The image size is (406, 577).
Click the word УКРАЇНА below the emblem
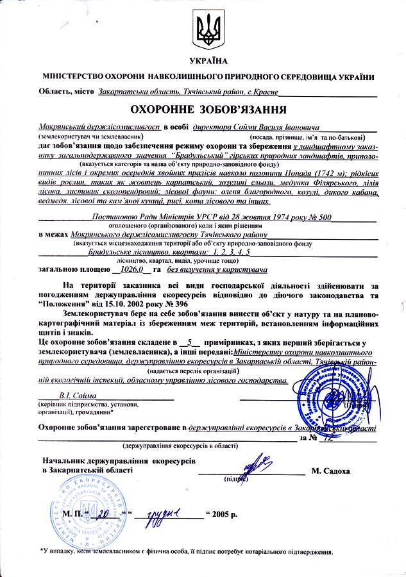(x=204, y=61)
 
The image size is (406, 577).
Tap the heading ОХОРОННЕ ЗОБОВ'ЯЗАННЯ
(x=204, y=110)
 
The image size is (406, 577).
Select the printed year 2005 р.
(x=224, y=514)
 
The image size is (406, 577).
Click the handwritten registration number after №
(x=331, y=438)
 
